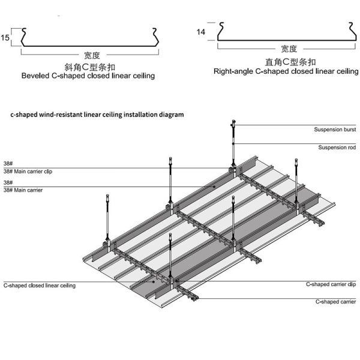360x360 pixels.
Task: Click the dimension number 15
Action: tap(5, 38)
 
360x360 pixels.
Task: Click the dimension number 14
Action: tap(200, 32)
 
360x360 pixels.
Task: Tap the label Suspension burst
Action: tap(335, 130)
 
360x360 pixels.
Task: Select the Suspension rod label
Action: tap(337, 148)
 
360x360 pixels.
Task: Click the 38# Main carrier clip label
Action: tap(28, 172)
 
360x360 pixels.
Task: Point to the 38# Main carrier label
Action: tap(23, 190)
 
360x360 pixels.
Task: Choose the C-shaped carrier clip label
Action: tap(331, 284)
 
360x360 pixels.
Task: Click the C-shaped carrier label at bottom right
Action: tap(335, 302)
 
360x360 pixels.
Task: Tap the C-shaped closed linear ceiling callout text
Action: tap(40, 286)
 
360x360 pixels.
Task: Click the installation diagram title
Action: tap(97, 115)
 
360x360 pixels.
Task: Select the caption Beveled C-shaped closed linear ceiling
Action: tap(88, 76)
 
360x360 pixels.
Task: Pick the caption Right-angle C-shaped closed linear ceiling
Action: tap(286, 71)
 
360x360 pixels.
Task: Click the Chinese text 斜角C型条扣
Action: tap(90, 67)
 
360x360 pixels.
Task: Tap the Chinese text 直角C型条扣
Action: tap(290, 62)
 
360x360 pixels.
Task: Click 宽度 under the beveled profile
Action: tap(92, 55)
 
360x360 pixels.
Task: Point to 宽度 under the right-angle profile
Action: tap(289, 49)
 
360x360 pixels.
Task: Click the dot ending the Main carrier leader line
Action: tap(214, 187)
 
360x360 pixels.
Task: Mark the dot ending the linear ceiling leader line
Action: tap(154, 282)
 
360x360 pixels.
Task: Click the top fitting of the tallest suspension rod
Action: tap(233, 123)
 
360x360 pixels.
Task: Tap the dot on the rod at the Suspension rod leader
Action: tap(233, 144)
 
